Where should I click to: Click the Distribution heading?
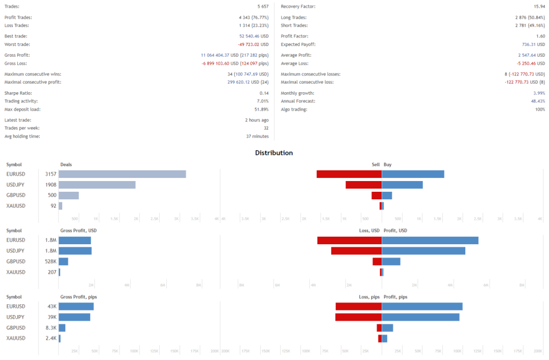click(274, 153)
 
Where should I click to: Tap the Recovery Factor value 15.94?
click(537, 6)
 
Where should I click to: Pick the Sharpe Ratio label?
click(18, 93)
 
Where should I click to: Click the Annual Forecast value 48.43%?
click(537, 101)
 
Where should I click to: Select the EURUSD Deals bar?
click(122, 174)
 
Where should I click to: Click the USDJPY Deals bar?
click(97, 185)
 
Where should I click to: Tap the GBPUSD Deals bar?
click(69, 196)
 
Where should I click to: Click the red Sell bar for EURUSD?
click(349, 174)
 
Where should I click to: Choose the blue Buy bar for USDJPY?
click(402, 185)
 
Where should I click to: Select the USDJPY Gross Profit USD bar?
click(75, 251)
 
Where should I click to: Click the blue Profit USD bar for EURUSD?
click(430, 241)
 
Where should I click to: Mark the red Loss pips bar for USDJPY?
click(358, 317)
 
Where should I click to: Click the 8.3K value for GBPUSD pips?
click(51, 328)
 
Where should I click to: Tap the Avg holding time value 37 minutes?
click(257, 136)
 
